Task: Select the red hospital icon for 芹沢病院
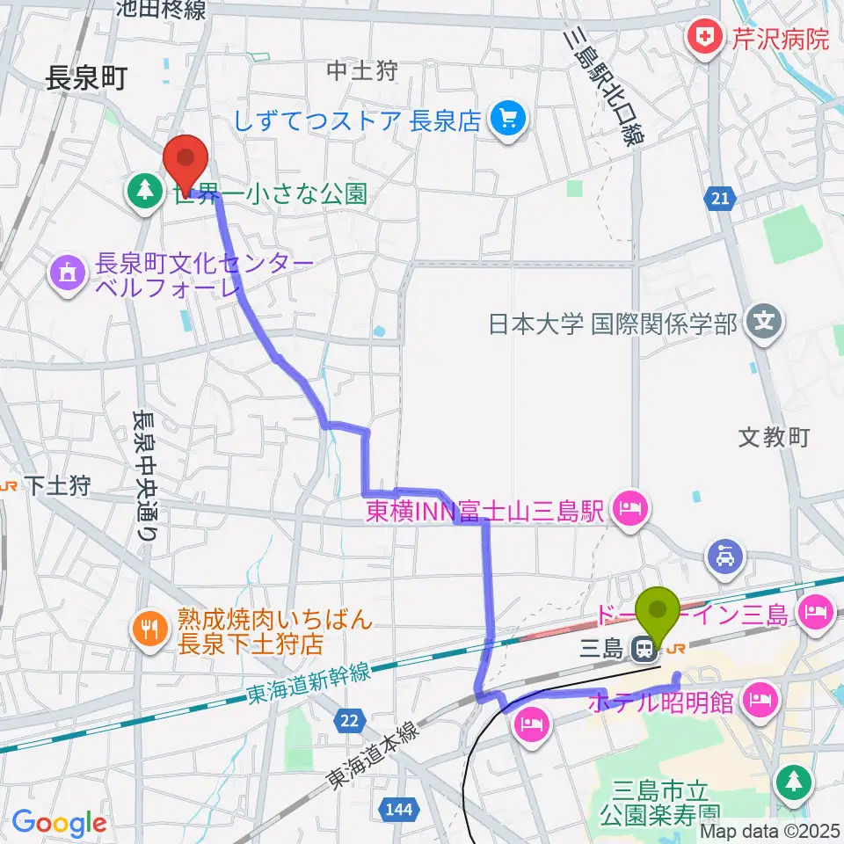click(703, 38)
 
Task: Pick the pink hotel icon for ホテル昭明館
click(759, 702)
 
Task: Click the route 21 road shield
click(720, 200)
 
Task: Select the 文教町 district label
click(773, 437)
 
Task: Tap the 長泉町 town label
click(87, 80)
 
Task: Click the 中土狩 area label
click(361, 71)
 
